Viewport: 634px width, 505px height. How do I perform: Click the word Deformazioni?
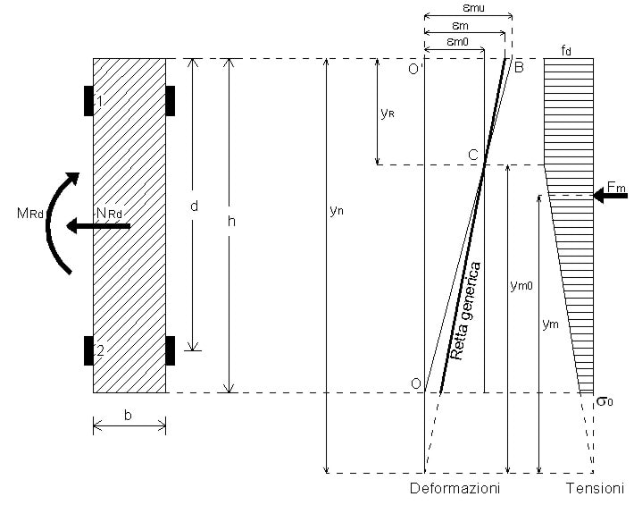(455, 489)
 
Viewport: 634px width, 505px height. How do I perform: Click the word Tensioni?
(594, 489)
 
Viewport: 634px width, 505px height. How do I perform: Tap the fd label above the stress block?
(566, 50)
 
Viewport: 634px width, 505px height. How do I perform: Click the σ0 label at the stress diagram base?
(605, 402)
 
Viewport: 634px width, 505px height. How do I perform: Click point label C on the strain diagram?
(471, 155)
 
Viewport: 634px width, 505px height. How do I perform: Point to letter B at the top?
(519, 65)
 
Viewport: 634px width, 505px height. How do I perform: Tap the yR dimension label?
(388, 114)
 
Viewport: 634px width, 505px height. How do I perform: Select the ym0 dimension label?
(521, 287)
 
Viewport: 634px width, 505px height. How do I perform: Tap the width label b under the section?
(129, 416)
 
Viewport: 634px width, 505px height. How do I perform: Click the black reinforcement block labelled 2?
(89, 350)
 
